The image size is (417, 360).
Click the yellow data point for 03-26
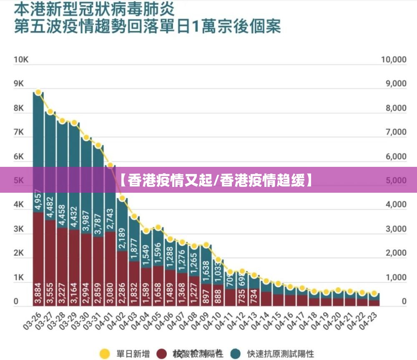tap(38, 92)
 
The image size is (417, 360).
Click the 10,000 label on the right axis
tap(393, 60)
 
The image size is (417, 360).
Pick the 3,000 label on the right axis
tap(393, 229)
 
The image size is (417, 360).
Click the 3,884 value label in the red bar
tap(38, 294)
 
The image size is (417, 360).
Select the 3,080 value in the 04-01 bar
tap(110, 294)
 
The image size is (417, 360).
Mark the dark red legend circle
tap(163, 354)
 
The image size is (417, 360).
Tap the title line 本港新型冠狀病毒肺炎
tap(94, 8)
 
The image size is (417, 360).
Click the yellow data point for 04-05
tap(158, 227)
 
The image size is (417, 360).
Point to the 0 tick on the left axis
tap(16, 301)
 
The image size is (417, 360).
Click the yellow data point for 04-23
tap(374, 293)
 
